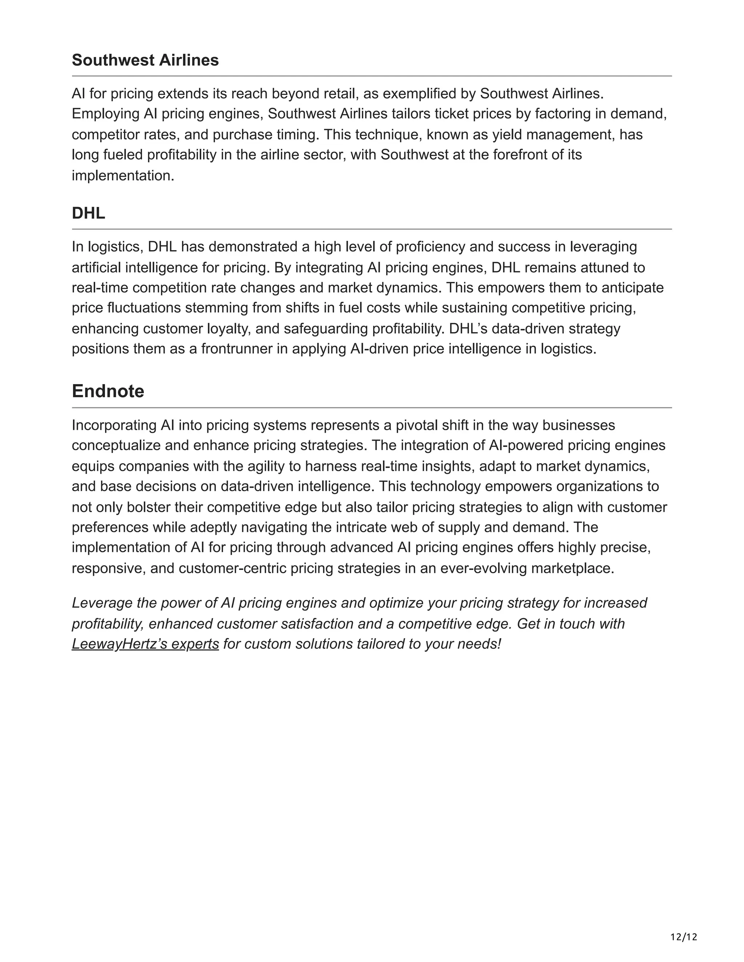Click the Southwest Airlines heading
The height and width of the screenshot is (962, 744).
(x=145, y=60)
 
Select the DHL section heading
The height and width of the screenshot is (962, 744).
(x=88, y=213)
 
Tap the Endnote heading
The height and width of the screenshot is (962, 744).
(x=108, y=391)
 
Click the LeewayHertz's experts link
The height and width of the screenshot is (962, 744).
(x=145, y=644)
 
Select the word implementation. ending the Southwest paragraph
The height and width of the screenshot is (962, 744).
(x=123, y=175)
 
